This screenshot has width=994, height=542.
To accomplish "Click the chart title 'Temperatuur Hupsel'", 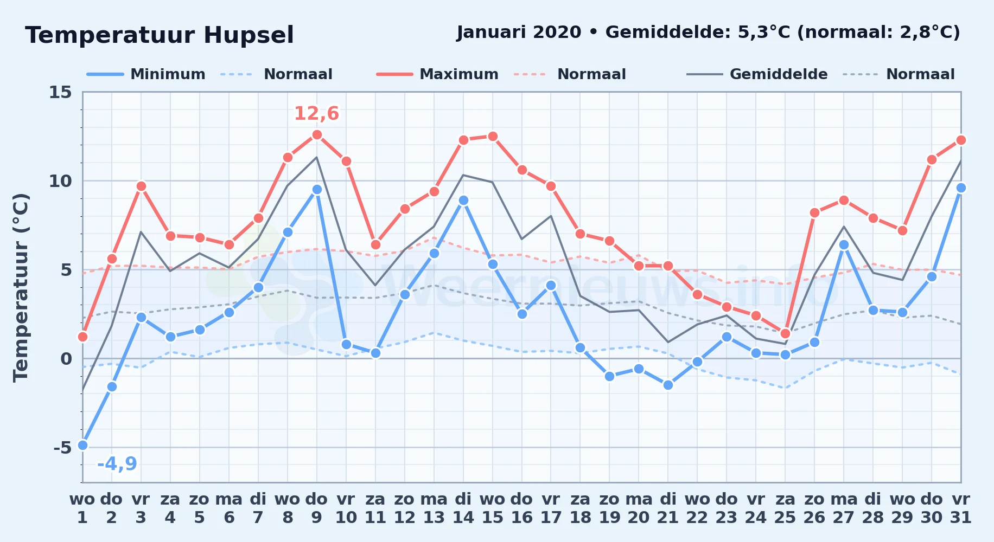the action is pyautogui.click(x=159, y=35).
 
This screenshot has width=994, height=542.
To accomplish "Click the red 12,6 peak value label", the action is pyautogui.click(x=316, y=114).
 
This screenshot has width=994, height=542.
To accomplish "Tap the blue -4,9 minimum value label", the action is pyautogui.click(x=117, y=464).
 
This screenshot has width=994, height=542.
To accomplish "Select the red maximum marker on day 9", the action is pyautogui.click(x=317, y=134).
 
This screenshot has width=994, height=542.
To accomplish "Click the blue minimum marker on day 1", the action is pyautogui.click(x=82, y=445).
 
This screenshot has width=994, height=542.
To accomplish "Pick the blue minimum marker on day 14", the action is pyautogui.click(x=463, y=200).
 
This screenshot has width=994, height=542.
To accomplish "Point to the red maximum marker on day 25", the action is pyautogui.click(x=785, y=333).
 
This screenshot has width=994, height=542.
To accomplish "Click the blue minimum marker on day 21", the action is pyautogui.click(x=668, y=385).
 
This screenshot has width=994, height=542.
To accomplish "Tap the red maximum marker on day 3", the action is pyautogui.click(x=141, y=186).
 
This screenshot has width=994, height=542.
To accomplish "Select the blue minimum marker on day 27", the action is pyautogui.click(x=844, y=244).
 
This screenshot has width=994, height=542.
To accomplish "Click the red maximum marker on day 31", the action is pyautogui.click(x=961, y=140).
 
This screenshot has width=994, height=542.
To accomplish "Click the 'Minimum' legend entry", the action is pyautogui.click(x=146, y=74).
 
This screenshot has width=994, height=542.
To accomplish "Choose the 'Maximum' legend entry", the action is pyautogui.click(x=437, y=74).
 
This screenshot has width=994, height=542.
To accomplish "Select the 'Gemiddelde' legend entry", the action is pyautogui.click(x=757, y=74).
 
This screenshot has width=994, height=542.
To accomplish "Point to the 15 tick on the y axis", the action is pyautogui.click(x=60, y=92).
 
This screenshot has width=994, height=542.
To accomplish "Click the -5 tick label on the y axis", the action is pyautogui.click(x=62, y=448).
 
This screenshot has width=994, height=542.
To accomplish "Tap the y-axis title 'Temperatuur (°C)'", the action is pyautogui.click(x=21, y=287).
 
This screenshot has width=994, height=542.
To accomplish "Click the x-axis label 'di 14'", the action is pyautogui.click(x=463, y=508).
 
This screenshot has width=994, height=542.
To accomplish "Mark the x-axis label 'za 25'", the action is pyautogui.click(x=785, y=508).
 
